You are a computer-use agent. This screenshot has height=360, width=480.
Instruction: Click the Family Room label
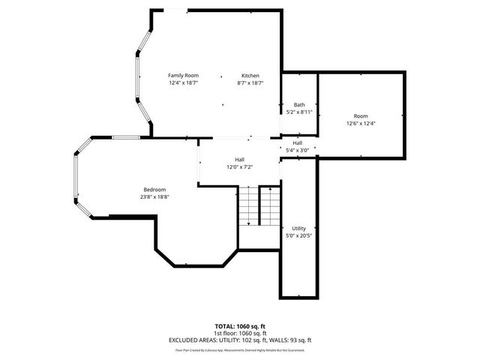pos(183,75)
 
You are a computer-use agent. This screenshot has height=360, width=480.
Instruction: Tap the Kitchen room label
pos(250,75)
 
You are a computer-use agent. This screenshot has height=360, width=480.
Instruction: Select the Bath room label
pos(299,104)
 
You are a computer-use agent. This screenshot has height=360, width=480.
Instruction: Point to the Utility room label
pos(298,228)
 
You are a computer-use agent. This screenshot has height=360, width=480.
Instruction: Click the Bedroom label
pos(155,189)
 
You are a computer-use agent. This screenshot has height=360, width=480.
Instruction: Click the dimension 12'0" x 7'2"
pos(239,166)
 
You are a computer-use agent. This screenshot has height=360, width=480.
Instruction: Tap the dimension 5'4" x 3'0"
pos(298,150)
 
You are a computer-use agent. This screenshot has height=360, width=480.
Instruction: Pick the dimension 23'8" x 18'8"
pos(155,196)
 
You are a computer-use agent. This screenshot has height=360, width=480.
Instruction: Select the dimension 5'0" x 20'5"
pos(298,235)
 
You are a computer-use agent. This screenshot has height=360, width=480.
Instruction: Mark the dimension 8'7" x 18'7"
pos(250,82)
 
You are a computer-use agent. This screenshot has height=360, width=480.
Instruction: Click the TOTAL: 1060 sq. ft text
pos(239,327)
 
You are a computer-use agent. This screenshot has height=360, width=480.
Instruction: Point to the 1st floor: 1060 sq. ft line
pos(239,333)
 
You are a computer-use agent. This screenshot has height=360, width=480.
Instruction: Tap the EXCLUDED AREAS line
pos(239,340)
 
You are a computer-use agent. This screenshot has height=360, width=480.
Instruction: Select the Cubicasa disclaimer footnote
pos(239,349)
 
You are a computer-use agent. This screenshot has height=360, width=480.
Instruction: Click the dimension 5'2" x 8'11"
pos(299,112)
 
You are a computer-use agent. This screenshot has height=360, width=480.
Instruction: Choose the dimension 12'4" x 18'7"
pos(183,82)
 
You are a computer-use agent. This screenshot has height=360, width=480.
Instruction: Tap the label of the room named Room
pos(361,115)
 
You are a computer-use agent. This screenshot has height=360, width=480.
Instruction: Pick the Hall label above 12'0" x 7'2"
pos(239,159)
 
